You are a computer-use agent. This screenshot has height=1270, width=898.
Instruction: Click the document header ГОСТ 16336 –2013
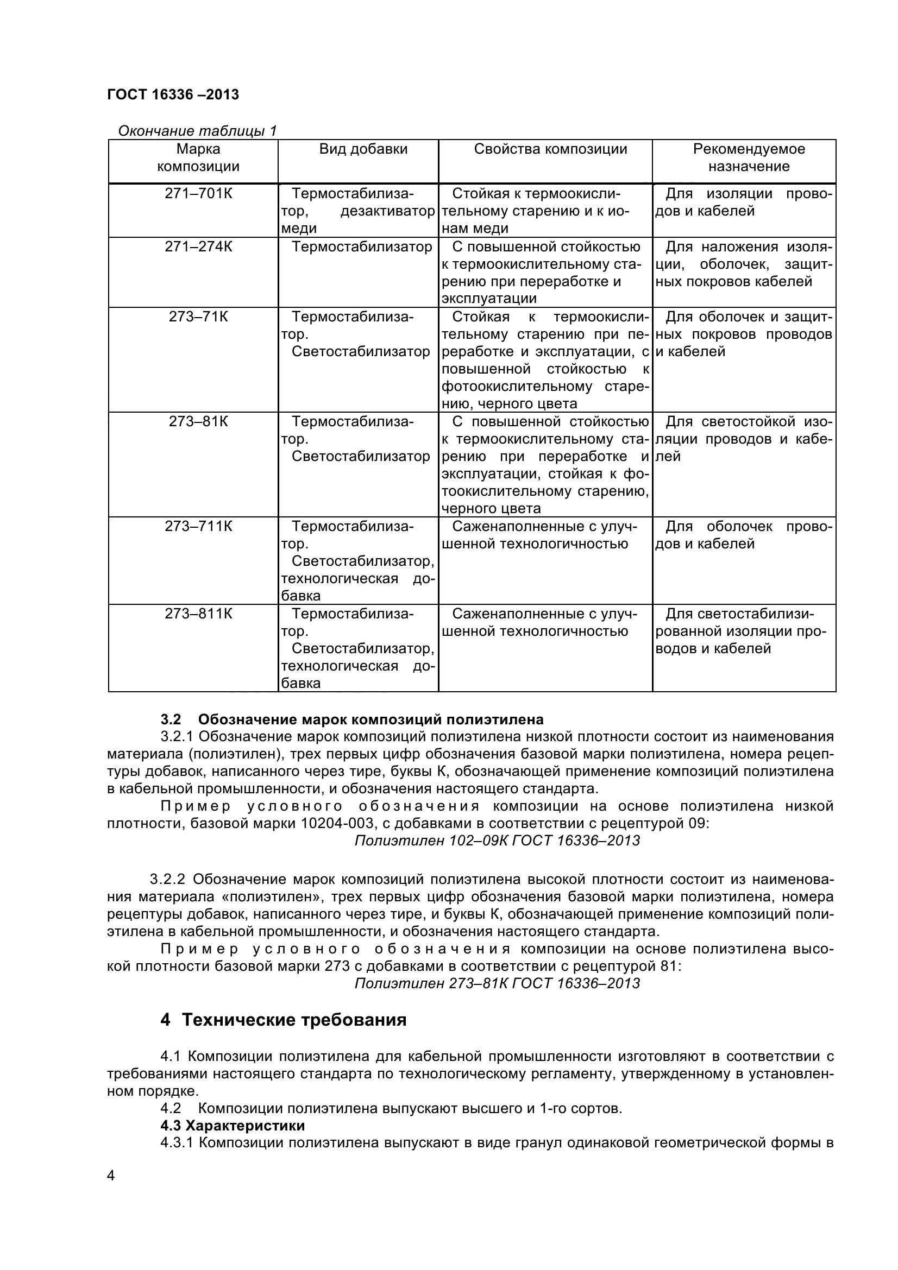click(x=173, y=94)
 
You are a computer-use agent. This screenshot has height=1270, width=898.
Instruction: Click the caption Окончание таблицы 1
click(x=197, y=131)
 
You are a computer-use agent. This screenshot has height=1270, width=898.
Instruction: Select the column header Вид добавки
click(x=363, y=149)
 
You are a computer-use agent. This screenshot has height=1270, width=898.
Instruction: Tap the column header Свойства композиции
click(x=550, y=149)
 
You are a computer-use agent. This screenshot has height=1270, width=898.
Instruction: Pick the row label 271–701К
click(x=198, y=194)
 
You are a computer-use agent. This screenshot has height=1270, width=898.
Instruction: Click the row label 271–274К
click(x=198, y=247)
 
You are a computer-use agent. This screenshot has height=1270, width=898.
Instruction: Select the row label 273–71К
click(x=198, y=317)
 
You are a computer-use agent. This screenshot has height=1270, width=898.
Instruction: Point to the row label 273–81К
click(x=198, y=421)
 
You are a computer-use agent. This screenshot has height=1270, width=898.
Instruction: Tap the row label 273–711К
click(x=198, y=526)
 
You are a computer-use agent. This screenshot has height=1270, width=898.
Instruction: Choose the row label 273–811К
click(x=198, y=614)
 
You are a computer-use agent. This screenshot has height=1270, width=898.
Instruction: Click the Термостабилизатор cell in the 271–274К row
click(x=361, y=247)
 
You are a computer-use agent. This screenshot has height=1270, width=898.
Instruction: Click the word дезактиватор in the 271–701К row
click(x=387, y=211)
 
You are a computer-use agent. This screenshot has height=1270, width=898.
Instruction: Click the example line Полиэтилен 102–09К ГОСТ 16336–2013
click(x=497, y=841)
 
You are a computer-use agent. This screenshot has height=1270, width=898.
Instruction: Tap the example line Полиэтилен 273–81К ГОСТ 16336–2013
click(x=497, y=983)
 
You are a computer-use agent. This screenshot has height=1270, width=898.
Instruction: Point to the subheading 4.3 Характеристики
click(x=233, y=1125)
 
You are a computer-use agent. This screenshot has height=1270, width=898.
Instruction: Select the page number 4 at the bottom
click(x=111, y=1191)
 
